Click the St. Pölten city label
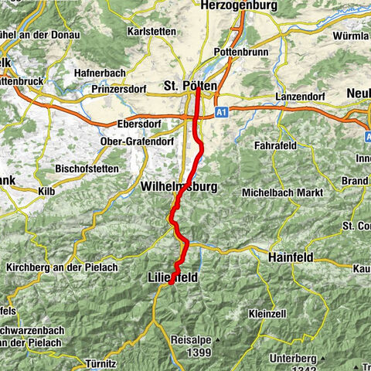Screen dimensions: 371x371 coord(190,85)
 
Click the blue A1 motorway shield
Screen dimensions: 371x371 coord(222,111)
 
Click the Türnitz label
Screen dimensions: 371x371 coord(100,363)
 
